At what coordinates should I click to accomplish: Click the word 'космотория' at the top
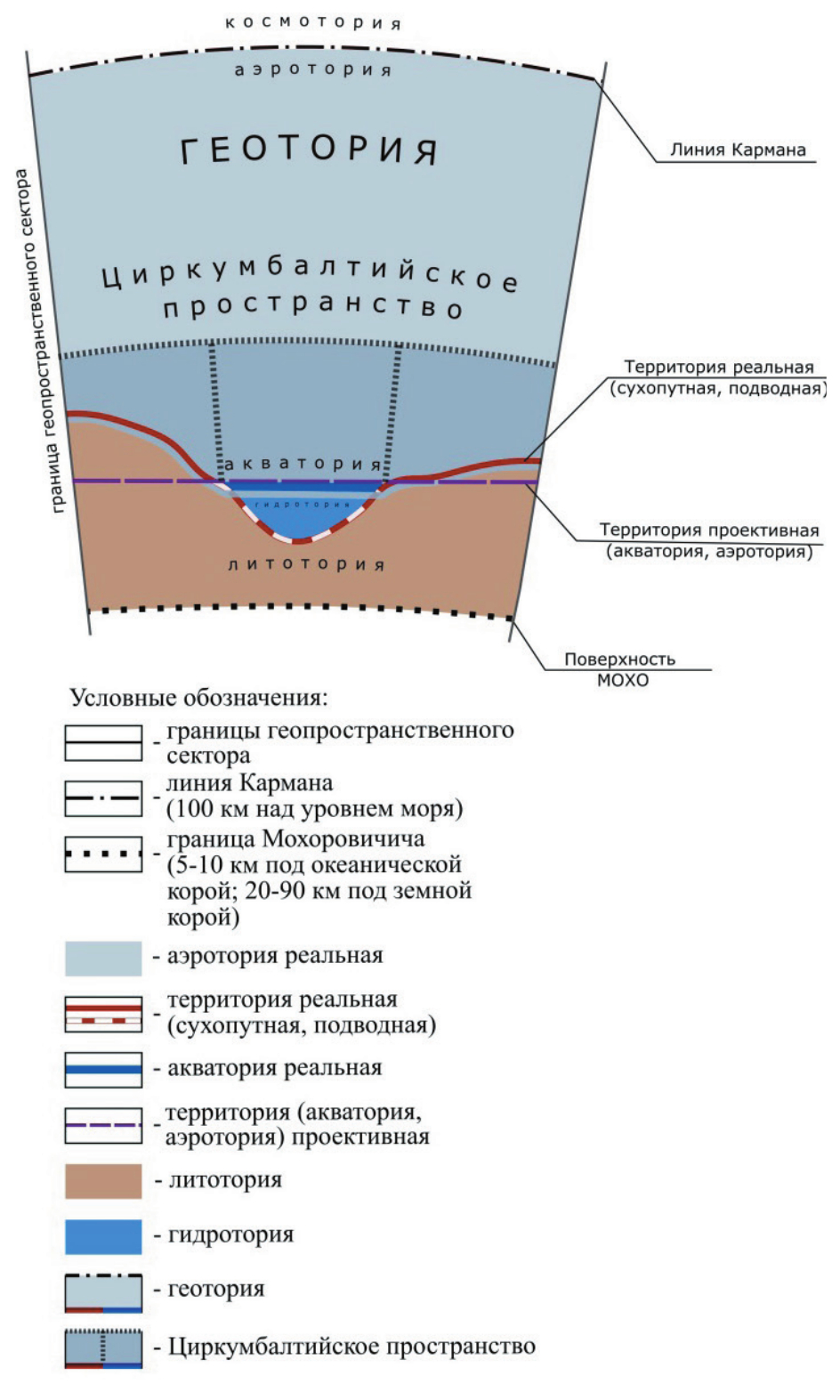(313, 21)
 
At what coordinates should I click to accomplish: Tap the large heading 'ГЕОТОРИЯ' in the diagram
(310, 149)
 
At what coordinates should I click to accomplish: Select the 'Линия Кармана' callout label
(738, 150)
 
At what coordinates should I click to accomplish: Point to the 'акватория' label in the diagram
(303, 464)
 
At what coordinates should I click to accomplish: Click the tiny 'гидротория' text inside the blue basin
(303, 505)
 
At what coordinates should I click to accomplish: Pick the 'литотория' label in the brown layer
(306, 564)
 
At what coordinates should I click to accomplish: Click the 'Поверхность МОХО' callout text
(620, 669)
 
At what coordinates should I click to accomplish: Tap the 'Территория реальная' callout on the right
(719, 377)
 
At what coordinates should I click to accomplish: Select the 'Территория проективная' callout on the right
(709, 540)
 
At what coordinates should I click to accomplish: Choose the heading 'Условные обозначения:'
(199, 697)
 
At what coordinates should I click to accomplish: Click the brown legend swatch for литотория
(103, 1181)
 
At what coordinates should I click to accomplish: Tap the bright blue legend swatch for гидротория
(103, 1236)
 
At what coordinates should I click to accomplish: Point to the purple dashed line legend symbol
(103, 1125)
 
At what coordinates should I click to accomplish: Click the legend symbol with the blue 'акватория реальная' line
(103, 1069)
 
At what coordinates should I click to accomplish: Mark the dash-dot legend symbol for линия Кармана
(103, 798)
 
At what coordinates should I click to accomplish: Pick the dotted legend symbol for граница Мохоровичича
(103, 854)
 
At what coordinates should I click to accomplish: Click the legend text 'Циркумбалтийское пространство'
(351, 1346)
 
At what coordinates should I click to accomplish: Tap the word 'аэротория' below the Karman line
(312, 69)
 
